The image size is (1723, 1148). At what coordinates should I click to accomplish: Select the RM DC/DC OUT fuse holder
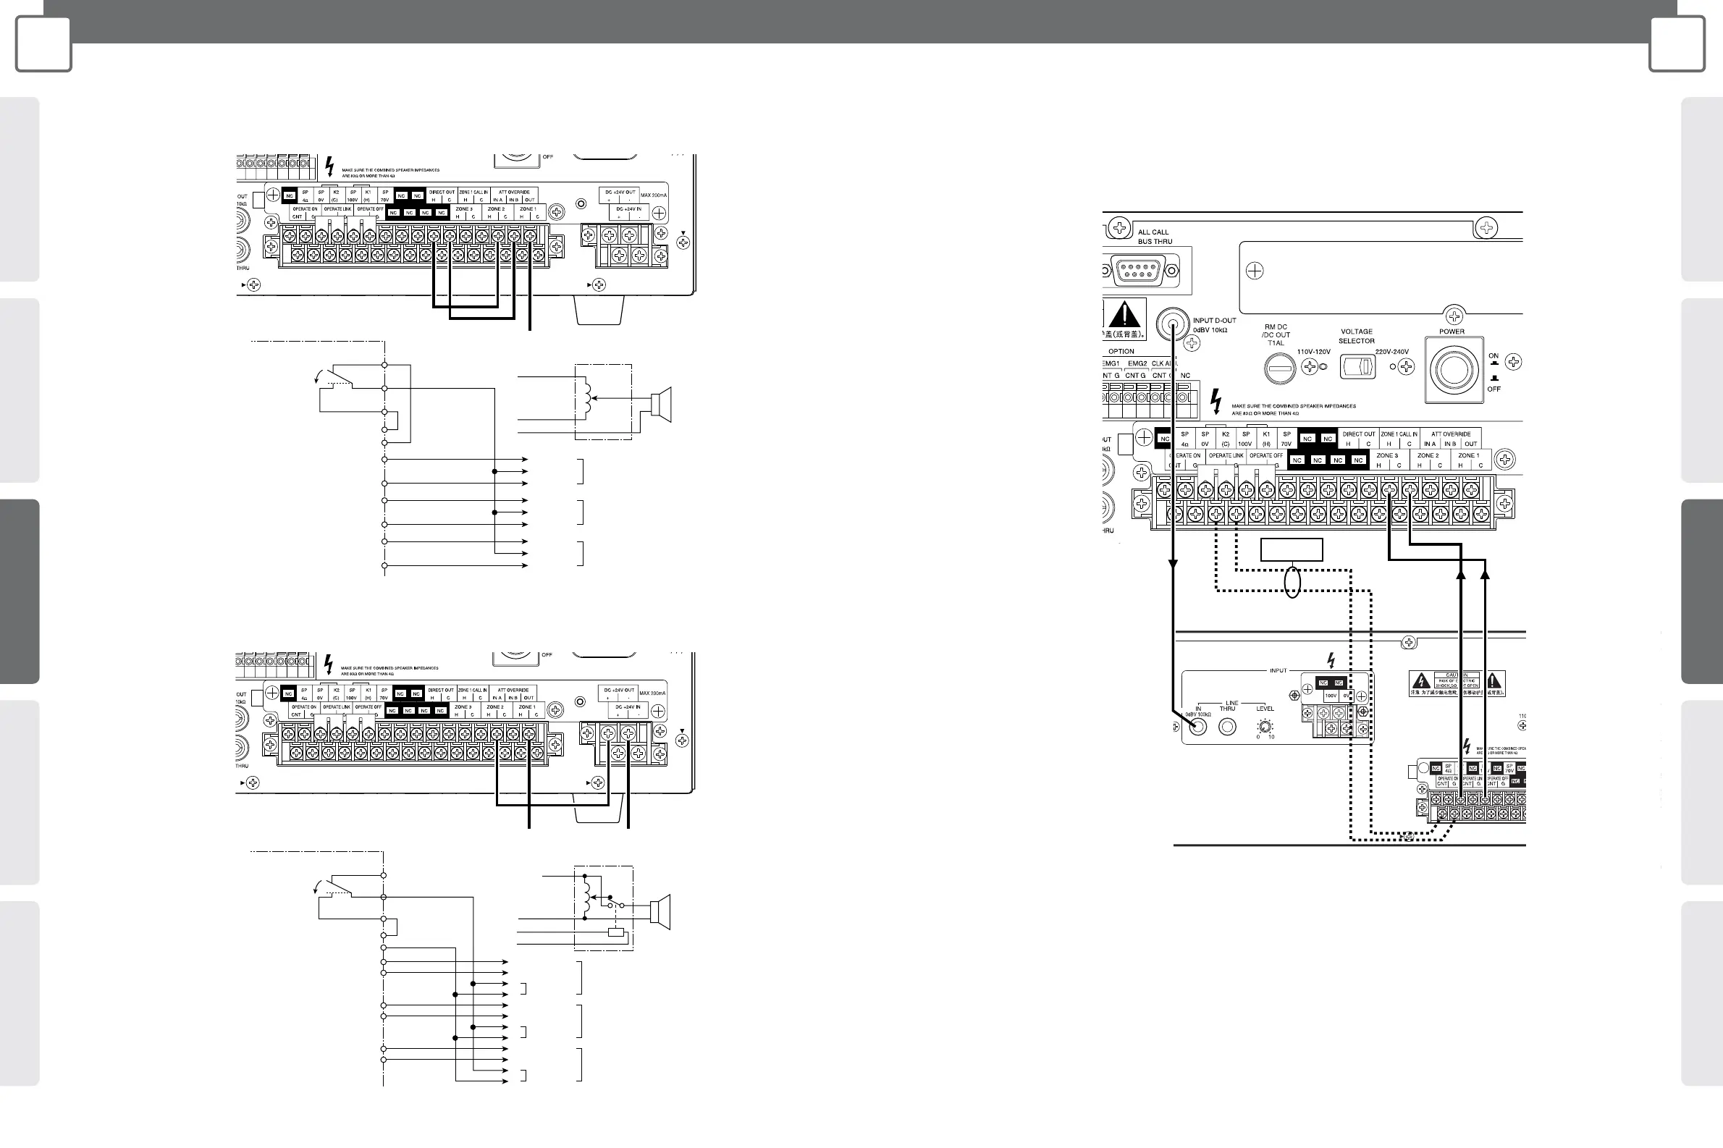click(1278, 368)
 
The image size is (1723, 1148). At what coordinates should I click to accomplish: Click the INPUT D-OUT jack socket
click(1172, 324)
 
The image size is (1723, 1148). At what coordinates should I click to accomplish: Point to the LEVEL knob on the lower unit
click(1265, 726)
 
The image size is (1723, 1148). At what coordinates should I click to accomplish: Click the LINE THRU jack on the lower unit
click(1227, 726)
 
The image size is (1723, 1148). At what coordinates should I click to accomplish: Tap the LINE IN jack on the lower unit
click(1198, 726)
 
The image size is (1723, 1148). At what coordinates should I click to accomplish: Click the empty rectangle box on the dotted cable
click(1292, 550)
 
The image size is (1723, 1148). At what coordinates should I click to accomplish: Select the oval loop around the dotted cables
click(1292, 583)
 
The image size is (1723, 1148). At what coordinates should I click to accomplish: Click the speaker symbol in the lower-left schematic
click(660, 911)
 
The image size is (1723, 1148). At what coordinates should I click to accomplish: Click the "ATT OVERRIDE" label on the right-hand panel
click(1451, 434)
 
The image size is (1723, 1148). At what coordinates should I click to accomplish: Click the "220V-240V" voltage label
click(1391, 353)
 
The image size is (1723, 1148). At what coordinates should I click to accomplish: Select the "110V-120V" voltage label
click(1314, 353)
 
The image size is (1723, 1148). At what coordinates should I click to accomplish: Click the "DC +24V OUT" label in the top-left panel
click(620, 193)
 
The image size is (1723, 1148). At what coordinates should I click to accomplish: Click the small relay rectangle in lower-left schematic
click(617, 933)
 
